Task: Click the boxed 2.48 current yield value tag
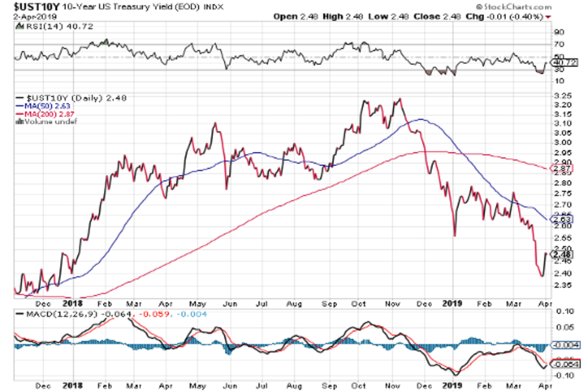point(562,254)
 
